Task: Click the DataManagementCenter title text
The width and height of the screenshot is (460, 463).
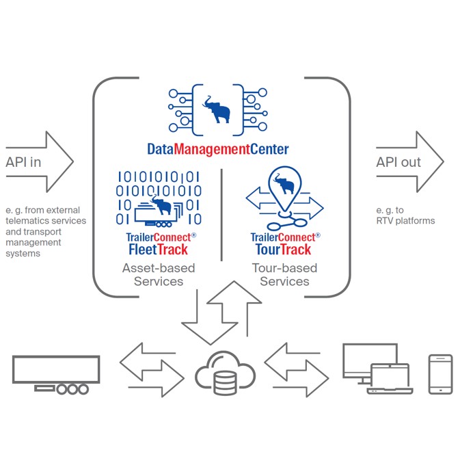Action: pos(218,148)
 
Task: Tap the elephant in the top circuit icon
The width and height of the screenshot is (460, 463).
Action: pos(219,109)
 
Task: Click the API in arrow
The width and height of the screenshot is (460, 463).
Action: pos(38,162)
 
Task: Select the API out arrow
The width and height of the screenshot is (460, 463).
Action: pos(409,162)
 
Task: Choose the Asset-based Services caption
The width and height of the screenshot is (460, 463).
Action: pos(158,274)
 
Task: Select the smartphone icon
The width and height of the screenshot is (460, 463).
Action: pos(440,374)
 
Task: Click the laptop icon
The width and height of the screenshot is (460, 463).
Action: pos(390,380)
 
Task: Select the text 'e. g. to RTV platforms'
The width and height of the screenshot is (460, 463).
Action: pos(405,215)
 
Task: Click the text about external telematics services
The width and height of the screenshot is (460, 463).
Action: pos(45,231)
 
